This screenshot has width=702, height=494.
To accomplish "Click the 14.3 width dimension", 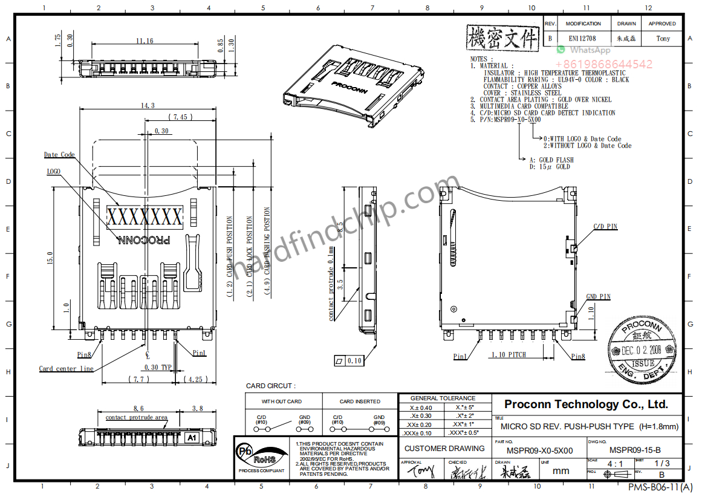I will [147, 105].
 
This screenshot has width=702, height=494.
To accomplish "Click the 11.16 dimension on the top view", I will [145, 41].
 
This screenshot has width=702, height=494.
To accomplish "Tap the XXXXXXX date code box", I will [145, 216].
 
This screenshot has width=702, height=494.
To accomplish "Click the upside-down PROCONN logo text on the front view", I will [144, 240].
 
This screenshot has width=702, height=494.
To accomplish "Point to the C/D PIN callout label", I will [605, 227].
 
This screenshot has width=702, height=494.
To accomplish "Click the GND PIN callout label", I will [599, 297].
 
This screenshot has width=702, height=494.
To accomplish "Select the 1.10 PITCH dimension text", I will [508, 355].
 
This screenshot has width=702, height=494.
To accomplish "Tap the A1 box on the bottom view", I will [192, 437].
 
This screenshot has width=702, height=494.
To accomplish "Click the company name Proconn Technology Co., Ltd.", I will [586, 405].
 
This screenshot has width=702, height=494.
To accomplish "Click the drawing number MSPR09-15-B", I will [635, 450].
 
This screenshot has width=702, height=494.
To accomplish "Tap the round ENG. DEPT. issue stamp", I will [643, 350].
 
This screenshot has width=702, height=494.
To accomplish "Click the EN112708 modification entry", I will [582, 38].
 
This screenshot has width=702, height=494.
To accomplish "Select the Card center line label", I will [66, 368].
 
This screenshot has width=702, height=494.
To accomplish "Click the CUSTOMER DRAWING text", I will [444, 448].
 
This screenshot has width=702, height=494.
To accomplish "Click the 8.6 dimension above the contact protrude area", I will [138, 409].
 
